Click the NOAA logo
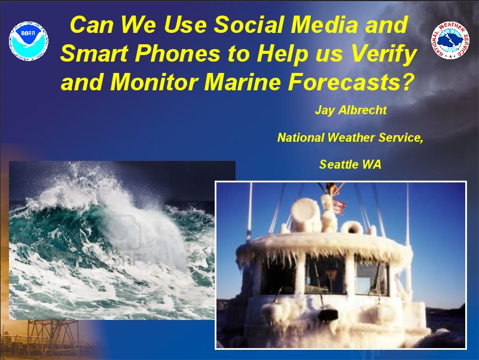pos(29,41)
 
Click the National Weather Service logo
pos(450,40)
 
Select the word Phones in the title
pos(178,53)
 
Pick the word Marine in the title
pos(242,82)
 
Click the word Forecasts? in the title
pos(350,82)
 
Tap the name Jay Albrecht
pos(350,110)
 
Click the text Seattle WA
pos(350,164)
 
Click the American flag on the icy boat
pos(339,207)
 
